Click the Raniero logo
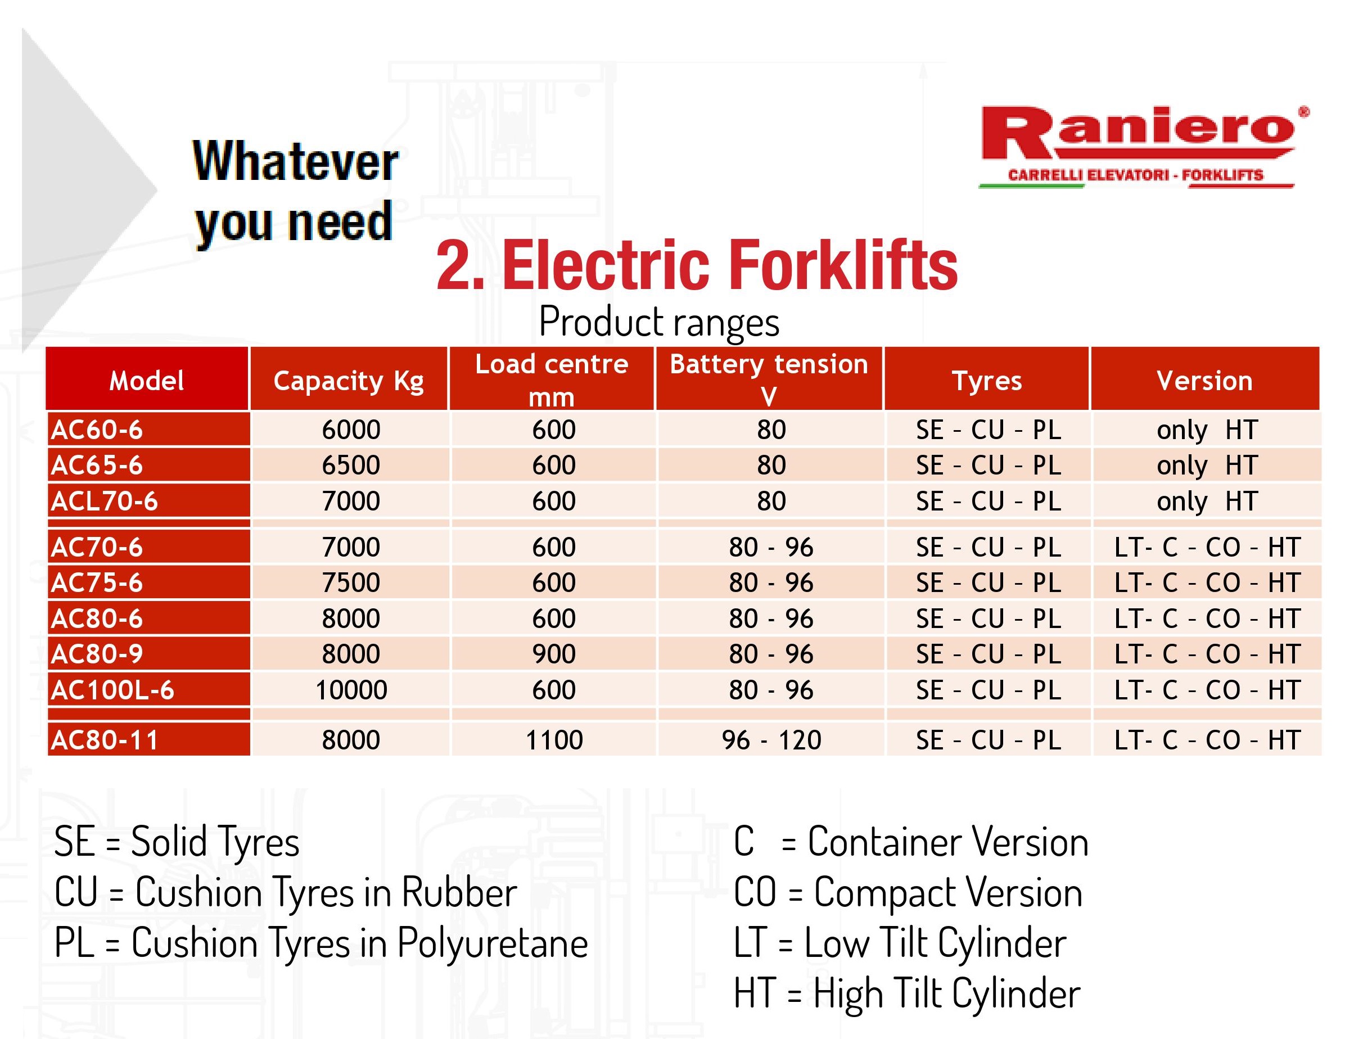coord(1144,147)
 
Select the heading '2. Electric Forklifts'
coord(697,265)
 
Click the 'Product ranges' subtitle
coord(659,322)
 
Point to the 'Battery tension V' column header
coord(769,379)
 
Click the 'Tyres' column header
coord(987,380)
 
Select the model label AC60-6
coord(97,430)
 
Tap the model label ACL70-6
coord(105,501)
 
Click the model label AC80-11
coord(105,740)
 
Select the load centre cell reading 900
coord(554,654)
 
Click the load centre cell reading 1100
coord(554,740)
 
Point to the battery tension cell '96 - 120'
coord(771,740)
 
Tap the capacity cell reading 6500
coord(351,466)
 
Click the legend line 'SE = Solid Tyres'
coord(177,842)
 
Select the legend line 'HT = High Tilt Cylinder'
coord(907,995)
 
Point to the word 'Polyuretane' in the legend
coord(493,944)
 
